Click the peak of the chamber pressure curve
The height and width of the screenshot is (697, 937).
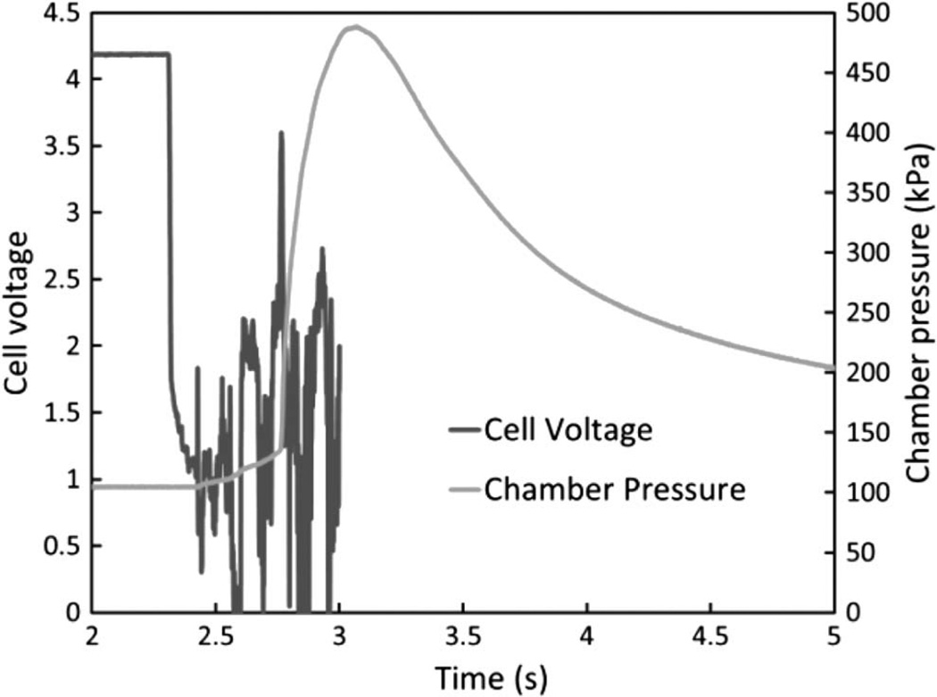pyautogui.click(x=355, y=27)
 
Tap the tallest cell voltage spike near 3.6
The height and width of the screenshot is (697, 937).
pyautogui.click(x=281, y=133)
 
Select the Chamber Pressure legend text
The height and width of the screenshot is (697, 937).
pyautogui.click(x=614, y=489)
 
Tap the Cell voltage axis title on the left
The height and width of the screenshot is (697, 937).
pyautogui.click(x=20, y=311)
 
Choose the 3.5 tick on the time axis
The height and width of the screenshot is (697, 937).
pyautogui.click(x=462, y=639)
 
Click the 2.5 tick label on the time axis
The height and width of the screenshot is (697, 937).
pyautogui.click(x=215, y=639)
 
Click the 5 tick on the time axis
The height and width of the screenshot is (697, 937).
pyautogui.click(x=833, y=639)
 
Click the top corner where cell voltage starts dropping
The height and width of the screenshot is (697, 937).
pyautogui.click(x=169, y=54)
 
